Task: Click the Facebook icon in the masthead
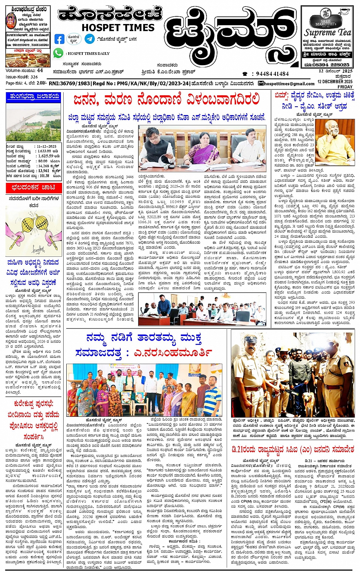tap(59, 39)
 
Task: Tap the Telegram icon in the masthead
tap(90, 39)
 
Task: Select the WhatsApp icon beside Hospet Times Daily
tap(58, 53)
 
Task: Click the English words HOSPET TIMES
tap(118, 28)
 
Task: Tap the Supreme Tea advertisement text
tap(328, 32)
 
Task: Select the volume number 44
tap(40, 70)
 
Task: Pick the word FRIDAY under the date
tap(345, 87)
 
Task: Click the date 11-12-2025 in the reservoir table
tap(46, 146)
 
